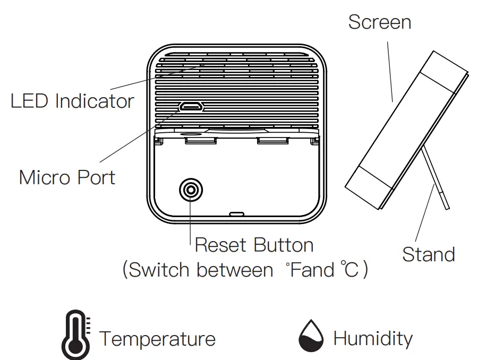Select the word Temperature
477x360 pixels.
point(157,339)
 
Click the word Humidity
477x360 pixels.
point(372,338)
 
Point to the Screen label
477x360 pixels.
point(379,22)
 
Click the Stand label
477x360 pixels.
point(428,254)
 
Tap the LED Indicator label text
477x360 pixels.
point(72,101)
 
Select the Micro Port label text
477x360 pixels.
point(67,177)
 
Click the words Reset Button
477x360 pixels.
point(254,245)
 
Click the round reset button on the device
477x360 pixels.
point(191,190)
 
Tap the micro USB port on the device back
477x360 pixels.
point(191,107)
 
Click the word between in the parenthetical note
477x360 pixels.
point(234,270)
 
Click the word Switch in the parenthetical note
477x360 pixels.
point(160,270)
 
